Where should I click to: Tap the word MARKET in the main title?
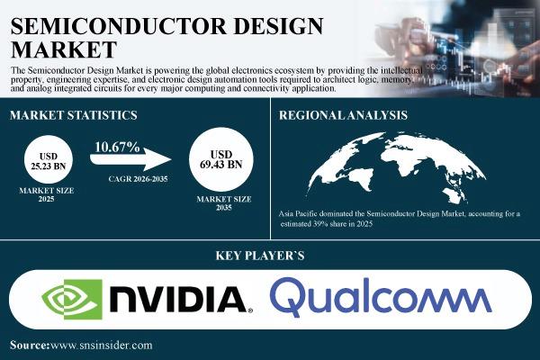click(64, 49)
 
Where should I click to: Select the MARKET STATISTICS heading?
click(74, 115)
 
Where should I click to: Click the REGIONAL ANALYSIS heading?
click(343, 115)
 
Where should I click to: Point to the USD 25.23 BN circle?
click(49, 159)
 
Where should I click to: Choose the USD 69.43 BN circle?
click(221, 159)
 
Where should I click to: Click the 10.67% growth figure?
click(117, 147)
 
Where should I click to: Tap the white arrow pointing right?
click(130, 159)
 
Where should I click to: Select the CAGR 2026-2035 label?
click(138, 179)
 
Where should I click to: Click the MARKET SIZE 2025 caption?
click(47, 194)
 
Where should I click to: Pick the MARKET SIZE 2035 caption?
click(224, 203)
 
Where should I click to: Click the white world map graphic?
click(396, 167)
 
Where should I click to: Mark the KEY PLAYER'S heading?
click(260, 256)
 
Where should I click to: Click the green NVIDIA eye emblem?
click(72, 300)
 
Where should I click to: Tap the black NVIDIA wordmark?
click(181, 300)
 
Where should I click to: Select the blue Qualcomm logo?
click(381, 297)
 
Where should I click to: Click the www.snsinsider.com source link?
click(101, 346)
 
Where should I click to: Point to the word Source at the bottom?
click(30, 346)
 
